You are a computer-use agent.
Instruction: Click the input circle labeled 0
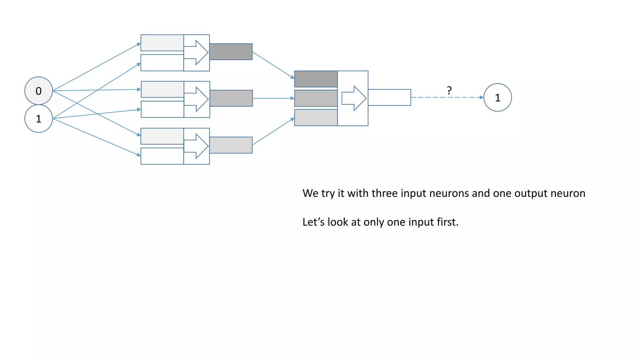click(x=38, y=91)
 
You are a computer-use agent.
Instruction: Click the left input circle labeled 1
click(x=38, y=119)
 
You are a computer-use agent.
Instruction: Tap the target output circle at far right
click(x=497, y=97)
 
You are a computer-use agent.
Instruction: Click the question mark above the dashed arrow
click(x=449, y=91)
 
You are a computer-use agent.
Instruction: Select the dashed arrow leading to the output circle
click(x=447, y=97)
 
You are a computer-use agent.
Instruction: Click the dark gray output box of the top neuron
click(x=231, y=52)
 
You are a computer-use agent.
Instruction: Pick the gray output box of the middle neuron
click(x=231, y=98)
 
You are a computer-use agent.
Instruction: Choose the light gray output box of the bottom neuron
click(x=231, y=145)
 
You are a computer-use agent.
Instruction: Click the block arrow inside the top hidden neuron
click(x=196, y=52)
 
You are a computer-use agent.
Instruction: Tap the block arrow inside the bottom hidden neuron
click(x=196, y=146)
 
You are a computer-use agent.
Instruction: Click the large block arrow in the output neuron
click(x=354, y=98)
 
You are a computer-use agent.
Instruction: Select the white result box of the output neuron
click(x=389, y=97)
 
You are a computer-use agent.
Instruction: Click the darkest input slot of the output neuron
click(x=316, y=79)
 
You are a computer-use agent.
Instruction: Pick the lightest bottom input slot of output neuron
click(x=316, y=117)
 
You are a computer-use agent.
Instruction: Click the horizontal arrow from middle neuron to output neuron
click(x=273, y=98)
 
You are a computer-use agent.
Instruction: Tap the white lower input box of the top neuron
click(x=162, y=63)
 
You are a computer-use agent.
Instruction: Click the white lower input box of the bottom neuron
click(x=162, y=156)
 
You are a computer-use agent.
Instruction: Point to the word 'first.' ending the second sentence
click(x=447, y=222)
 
